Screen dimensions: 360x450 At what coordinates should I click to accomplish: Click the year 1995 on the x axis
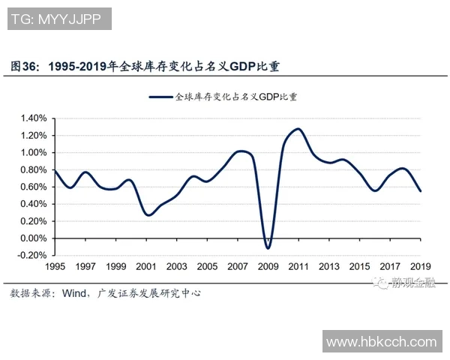pyautogui.click(x=55, y=267)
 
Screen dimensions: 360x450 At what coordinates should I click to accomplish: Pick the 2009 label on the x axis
pyautogui.click(x=268, y=267)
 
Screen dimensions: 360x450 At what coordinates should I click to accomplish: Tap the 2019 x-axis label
pyautogui.click(x=420, y=267)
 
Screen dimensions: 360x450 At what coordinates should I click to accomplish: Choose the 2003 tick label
pyautogui.click(x=176, y=267)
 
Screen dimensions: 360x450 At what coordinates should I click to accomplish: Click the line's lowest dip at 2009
pyautogui.click(x=268, y=247)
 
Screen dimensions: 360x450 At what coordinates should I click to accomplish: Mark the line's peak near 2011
pyautogui.click(x=298, y=129)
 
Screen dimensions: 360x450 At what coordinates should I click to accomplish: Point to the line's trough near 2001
pyautogui.click(x=148, y=215)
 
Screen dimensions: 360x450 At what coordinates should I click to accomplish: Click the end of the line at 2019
pyautogui.click(x=420, y=190)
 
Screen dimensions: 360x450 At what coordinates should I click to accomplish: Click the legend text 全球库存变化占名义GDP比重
pyautogui.click(x=236, y=97)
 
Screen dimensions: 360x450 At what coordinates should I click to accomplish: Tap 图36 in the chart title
pyautogui.click(x=25, y=67)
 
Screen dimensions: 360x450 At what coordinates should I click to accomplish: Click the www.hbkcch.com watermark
pyautogui.click(x=382, y=342)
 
